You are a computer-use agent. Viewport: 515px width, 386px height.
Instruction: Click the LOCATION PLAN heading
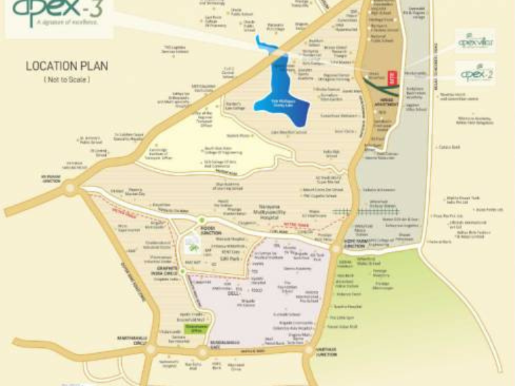tap(66, 66)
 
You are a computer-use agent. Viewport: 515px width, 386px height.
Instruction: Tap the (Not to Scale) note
tap(67, 79)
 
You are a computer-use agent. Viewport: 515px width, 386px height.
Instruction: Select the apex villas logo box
tap(475, 40)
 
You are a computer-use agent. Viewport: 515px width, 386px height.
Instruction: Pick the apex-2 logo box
tap(475, 73)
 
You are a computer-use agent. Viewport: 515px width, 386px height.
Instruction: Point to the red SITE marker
tap(396, 78)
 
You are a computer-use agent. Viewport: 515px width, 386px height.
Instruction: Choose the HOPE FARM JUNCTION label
tap(355, 245)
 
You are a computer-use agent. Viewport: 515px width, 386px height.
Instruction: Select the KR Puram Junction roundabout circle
tap(69, 190)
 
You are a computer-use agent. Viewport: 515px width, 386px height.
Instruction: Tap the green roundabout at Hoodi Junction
tap(201, 220)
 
